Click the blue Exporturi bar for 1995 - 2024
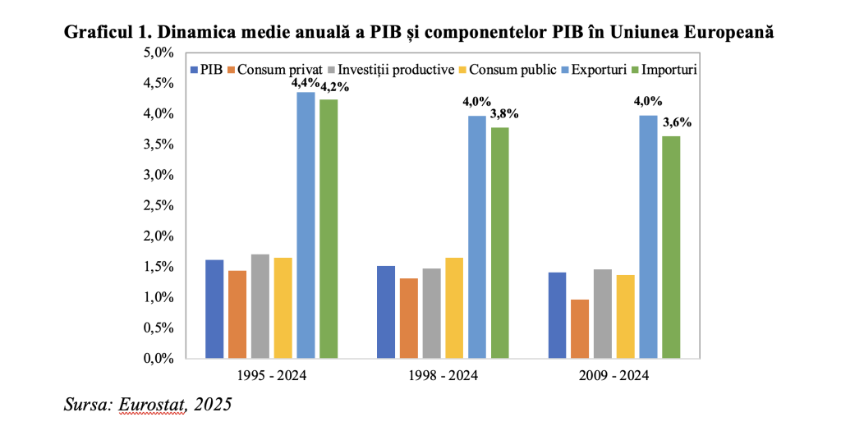pos(306,225)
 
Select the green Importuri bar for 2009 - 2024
pos(671,247)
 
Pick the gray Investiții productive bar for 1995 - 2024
pos(260,306)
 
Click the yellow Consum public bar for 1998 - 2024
pos(454,308)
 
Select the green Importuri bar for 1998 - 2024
pos(500,243)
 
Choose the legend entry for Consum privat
pos(278,70)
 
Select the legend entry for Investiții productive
pos(397,70)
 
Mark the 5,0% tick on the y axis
pos(159,53)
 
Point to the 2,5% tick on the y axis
pos(159,205)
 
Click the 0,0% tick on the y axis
pos(159,359)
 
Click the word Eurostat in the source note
pos(151,404)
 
